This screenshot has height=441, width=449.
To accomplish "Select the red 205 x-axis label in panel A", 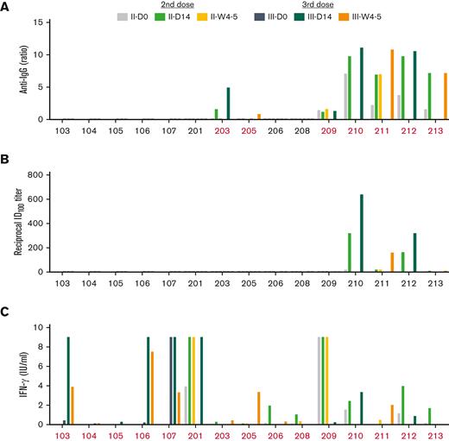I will click(249, 129).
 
